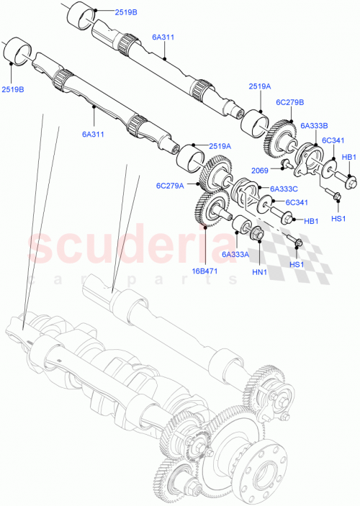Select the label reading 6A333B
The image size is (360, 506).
click(x=315, y=125)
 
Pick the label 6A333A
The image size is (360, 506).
click(x=235, y=253)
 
